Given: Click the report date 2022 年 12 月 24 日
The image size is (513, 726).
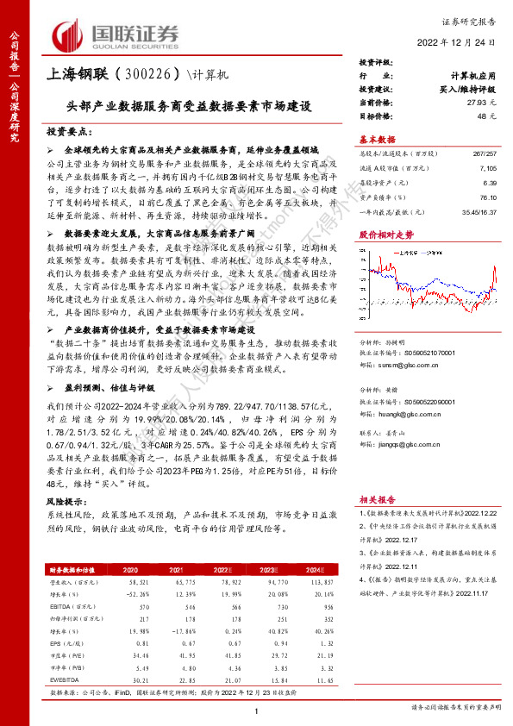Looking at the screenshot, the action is pyautogui.click(x=461, y=41).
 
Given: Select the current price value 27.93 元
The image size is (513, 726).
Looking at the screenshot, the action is pyautogui.click(x=479, y=103).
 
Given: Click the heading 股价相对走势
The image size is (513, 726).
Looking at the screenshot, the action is pyautogui.click(x=380, y=233).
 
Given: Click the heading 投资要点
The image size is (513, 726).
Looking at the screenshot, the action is pyautogui.click(x=67, y=130).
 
